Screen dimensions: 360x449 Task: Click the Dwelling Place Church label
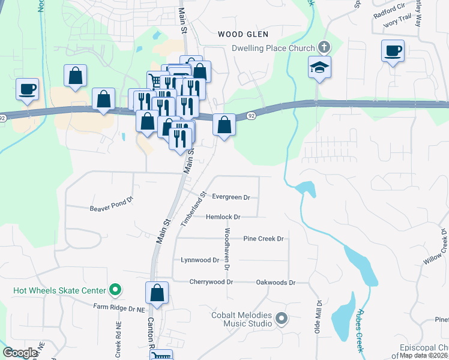point(274,48)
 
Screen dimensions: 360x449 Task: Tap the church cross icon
point(324,47)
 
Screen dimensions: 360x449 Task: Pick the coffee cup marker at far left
point(27,89)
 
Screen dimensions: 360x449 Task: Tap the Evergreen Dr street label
point(231,197)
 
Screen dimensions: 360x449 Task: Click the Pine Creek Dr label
point(263,238)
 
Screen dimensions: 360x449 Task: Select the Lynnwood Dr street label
point(200,260)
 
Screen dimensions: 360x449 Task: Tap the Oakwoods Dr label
point(276,281)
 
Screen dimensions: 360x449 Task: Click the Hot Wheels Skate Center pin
point(116,291)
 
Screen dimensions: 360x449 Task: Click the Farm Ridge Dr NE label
point(119,307)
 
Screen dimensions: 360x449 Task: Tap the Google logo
point(20,353)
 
